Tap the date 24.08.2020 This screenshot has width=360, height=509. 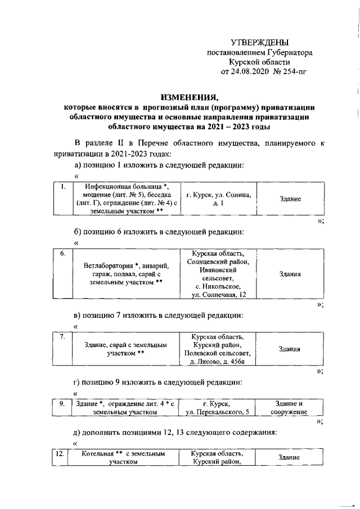tap(250, 72)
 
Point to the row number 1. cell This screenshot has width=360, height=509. tap(64, 187)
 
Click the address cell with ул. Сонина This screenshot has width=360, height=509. tap(219, 199)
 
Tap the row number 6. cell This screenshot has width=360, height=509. tap(64, 253)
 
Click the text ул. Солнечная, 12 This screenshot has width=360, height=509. tap(219, 294)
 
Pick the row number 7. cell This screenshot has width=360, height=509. tap(64, 337)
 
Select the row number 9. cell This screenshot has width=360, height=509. tap(64, 403)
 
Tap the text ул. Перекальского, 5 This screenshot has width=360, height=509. tap(219, 412)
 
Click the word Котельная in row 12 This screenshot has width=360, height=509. tap(100, 453)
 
